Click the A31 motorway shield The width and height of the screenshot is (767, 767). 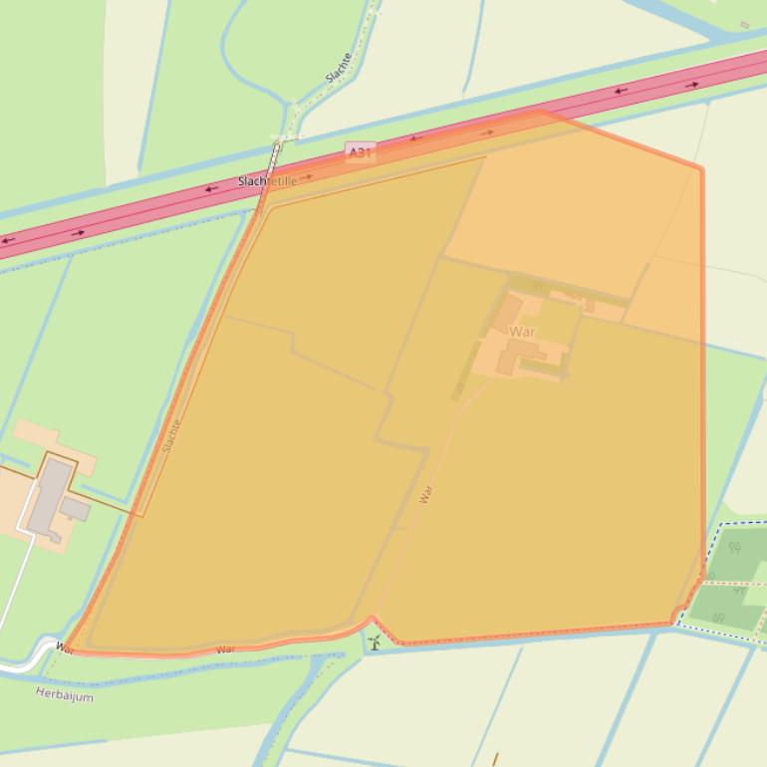point(360,152)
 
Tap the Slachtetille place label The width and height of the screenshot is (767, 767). point(267,181)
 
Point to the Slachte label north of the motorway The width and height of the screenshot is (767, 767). point(340,68)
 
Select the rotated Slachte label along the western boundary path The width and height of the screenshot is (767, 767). point(171,435)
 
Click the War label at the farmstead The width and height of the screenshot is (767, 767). point(522,331)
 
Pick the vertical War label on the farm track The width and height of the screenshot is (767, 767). point(426,493)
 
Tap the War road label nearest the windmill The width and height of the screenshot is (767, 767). point(226,649)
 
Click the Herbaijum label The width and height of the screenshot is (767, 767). point(65,695)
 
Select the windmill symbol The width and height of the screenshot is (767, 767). point(375,642)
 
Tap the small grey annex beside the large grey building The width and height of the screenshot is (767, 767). point(76,509)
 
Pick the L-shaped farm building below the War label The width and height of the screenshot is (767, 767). point(515,354)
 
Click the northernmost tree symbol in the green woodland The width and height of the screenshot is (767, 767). point(735,547)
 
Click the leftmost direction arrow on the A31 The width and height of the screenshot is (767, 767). point(8,241)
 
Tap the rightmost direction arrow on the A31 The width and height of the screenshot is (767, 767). point(691,86)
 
